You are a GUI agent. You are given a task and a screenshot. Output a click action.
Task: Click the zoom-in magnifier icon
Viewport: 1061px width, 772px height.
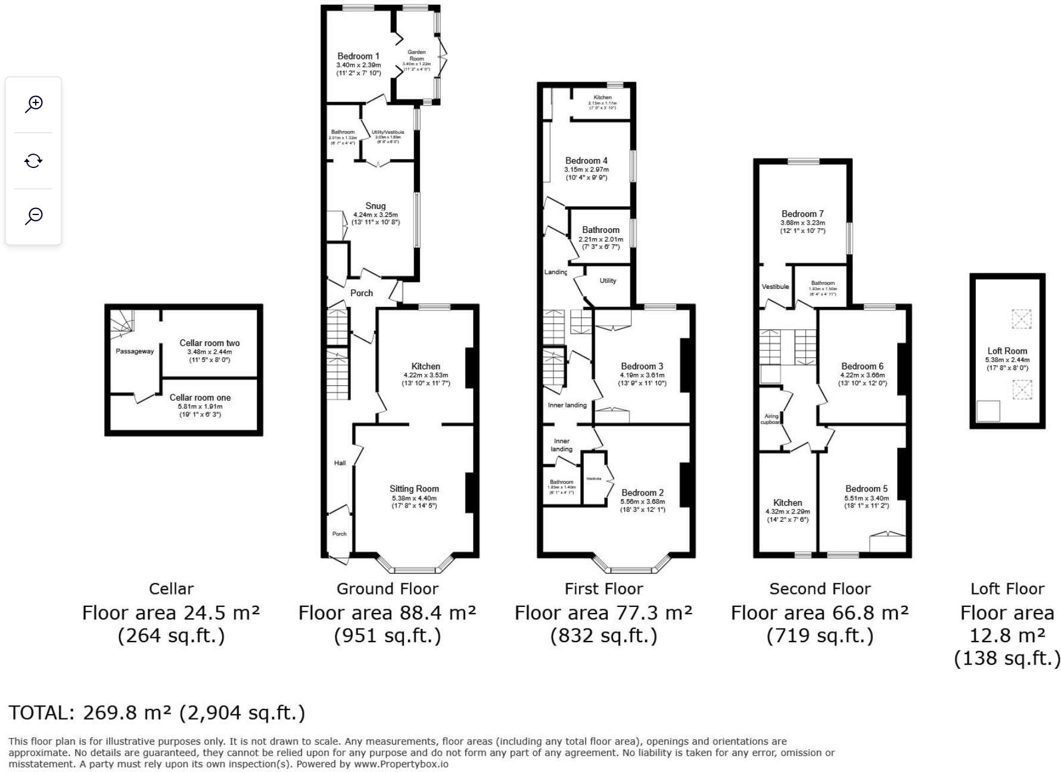[34, 104]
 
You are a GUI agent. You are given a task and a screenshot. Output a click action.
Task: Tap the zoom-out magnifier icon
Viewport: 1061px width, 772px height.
[34, 216]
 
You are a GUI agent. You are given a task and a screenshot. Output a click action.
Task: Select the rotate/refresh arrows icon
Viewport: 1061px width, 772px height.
[34, 160]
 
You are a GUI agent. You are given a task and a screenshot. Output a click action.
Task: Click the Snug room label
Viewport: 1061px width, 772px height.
[375, 206]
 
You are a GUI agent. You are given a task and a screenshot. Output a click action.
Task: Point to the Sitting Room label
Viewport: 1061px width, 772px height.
[414, 488]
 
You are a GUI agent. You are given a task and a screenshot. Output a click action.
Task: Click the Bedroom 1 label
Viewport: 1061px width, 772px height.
[358, 56]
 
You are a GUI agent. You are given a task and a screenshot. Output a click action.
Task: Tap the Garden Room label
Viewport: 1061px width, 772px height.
[416, 55]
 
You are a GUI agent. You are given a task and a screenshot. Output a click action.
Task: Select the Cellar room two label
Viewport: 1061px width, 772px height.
[210, 343]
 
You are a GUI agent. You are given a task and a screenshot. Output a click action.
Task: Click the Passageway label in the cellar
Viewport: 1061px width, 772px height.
[135, 351]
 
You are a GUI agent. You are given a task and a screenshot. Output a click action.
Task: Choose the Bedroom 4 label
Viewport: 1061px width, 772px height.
[586, 161]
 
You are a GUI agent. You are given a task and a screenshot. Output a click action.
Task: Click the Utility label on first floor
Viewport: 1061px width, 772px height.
[608, 281]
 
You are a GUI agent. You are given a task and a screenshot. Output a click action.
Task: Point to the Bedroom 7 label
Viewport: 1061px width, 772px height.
[802, 214]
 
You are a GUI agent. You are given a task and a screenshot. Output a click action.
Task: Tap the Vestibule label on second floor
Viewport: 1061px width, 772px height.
[775, 287]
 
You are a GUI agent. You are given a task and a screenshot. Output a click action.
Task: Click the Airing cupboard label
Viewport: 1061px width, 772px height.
[771, 419]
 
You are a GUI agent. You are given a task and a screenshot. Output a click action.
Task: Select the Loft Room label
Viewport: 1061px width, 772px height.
[1007, 351]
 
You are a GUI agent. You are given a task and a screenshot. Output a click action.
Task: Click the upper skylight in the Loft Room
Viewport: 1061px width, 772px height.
[1021, 319]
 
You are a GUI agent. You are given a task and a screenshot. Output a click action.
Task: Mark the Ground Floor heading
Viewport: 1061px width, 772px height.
[387, 589]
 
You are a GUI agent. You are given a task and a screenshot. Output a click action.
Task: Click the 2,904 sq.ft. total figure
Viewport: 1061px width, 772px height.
[242, 712]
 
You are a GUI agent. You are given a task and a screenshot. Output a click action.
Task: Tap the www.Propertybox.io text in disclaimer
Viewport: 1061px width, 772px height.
[401, 764]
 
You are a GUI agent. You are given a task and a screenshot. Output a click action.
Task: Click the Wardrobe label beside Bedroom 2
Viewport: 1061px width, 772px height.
[593, 479]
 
